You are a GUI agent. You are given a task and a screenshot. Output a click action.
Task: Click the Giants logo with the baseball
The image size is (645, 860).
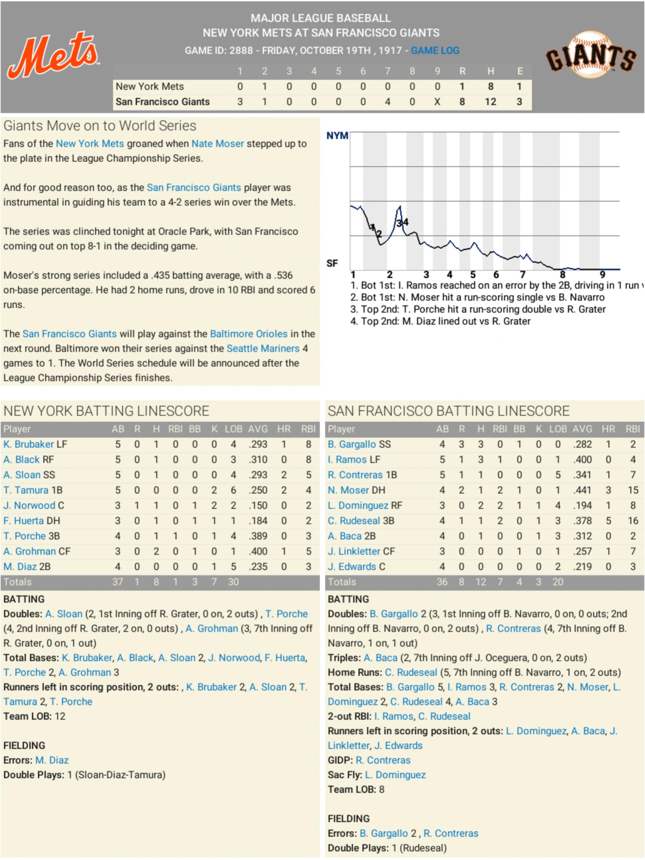click(590, 55)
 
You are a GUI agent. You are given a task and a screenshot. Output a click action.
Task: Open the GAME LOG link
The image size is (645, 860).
click(435, 51)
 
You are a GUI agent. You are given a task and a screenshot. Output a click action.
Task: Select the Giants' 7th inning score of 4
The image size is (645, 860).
click(387, 102)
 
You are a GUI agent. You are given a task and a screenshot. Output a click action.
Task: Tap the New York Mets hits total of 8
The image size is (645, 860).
click(491, 86)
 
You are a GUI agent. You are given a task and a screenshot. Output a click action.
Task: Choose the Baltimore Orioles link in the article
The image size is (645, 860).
click(248, 334)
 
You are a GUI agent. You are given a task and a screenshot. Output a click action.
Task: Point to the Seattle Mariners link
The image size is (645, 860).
click(263, 349)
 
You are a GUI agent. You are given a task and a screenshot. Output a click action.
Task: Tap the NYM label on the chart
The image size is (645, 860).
click(337, 136)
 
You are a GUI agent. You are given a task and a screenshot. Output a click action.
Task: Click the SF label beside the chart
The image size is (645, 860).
click(332, 263)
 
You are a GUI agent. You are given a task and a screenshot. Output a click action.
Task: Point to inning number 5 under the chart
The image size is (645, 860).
click(473, 275)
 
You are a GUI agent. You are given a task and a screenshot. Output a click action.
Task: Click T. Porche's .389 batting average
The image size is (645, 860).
click(258, 536)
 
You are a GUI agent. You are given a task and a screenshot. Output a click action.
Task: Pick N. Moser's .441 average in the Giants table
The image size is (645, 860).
click(582, 490)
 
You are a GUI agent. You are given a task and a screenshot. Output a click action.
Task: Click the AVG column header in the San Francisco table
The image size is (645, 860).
click(582, 429)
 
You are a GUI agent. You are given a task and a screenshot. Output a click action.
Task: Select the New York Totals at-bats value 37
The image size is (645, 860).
click(117, 582)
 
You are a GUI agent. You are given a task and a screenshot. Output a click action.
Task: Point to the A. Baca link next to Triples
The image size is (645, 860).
click(380, 658)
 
